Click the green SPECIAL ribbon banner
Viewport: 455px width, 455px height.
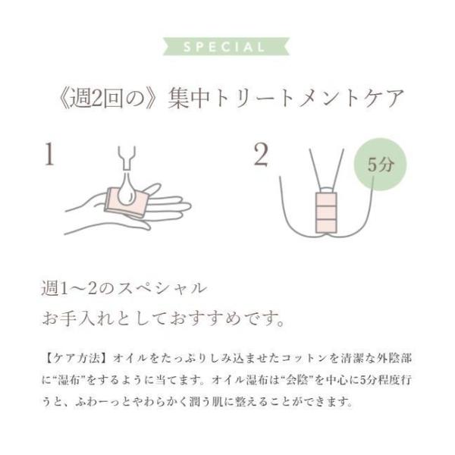[226, 46]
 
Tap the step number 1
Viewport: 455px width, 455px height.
[49, 155]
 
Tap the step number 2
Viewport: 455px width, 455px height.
[261, 155]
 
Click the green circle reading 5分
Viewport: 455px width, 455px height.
[380, 165]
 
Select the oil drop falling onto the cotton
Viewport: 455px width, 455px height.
[127, 189]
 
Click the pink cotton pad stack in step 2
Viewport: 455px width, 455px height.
[326, 212]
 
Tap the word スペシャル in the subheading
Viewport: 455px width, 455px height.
[162, 289]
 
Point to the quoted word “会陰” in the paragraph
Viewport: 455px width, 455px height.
[297, 380]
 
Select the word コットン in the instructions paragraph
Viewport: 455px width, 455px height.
[303, 359]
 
